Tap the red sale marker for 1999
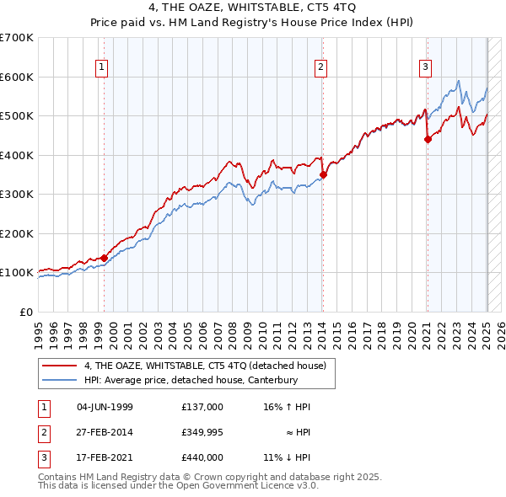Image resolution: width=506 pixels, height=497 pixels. click(x=105, y=258)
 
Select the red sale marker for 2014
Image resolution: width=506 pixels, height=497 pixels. click(x=323, y=174)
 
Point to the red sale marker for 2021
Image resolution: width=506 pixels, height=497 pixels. click(x=428, y=140)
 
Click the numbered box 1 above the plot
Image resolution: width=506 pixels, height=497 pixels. click(x=102, y=68)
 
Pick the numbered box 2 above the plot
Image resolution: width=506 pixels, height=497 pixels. click(x=321, y=68)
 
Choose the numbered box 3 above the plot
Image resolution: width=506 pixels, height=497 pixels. click(x=426, y=68)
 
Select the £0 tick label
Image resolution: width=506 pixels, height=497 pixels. click(x=24, y=312)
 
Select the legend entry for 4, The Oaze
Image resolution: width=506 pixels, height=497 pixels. click(x=210, y=366)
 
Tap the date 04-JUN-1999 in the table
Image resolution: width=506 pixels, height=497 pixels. click(x=105, y=407)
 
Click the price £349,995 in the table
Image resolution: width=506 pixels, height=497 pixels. click(x=202, y=432)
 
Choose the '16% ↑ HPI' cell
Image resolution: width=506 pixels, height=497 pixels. click(x=287, y=407)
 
